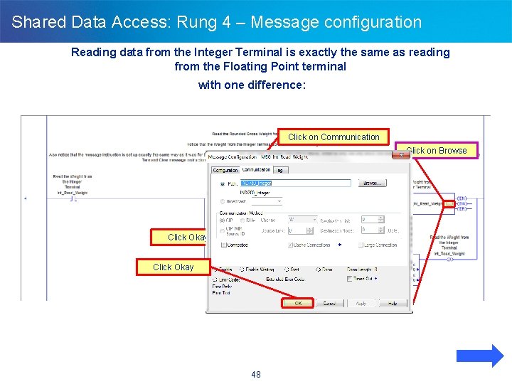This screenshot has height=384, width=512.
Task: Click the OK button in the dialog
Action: point(297,303)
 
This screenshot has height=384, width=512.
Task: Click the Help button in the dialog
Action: point(392,303)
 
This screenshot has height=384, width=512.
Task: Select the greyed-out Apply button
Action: point(361,303)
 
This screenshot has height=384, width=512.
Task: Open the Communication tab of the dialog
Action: point(257,170)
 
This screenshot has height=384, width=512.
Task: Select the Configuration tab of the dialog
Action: point(226,170)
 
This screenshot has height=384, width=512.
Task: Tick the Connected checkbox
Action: point(224,245)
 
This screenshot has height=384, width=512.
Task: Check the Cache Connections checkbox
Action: point(291,245)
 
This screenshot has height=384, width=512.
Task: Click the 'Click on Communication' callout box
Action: point(334,137)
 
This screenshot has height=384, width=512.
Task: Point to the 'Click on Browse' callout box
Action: point(437,150)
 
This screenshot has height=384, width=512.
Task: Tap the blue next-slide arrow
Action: point(479,356)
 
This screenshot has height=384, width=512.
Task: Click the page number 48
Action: point(256,374)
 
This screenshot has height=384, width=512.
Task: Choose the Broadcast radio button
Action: point(222,201)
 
